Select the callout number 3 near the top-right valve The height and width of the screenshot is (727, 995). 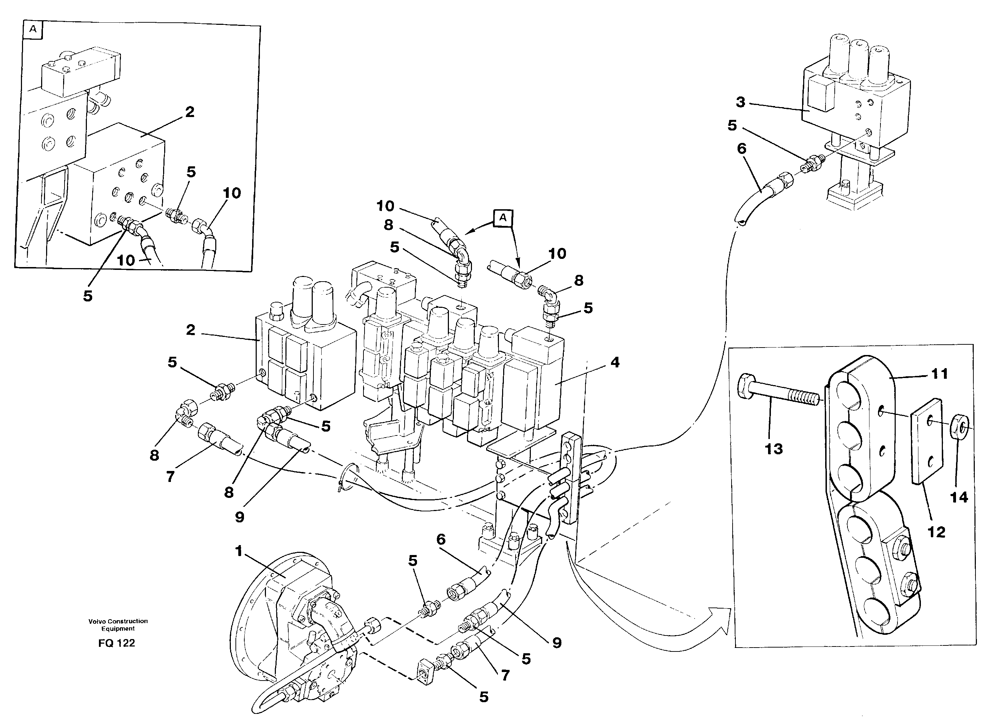coord(741,102)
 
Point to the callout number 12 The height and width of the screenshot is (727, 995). coord(936,532)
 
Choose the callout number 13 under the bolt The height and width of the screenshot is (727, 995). coord(774,449)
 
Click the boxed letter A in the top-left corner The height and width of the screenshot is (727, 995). coord(33,29)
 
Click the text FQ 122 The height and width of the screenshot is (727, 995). coord(117,643)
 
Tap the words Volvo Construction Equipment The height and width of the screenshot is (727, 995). coord(118,625)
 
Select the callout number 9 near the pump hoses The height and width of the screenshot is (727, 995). coord(557,643)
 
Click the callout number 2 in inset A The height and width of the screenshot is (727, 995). coord(190,112)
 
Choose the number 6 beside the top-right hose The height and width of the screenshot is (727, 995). coord(741,148)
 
